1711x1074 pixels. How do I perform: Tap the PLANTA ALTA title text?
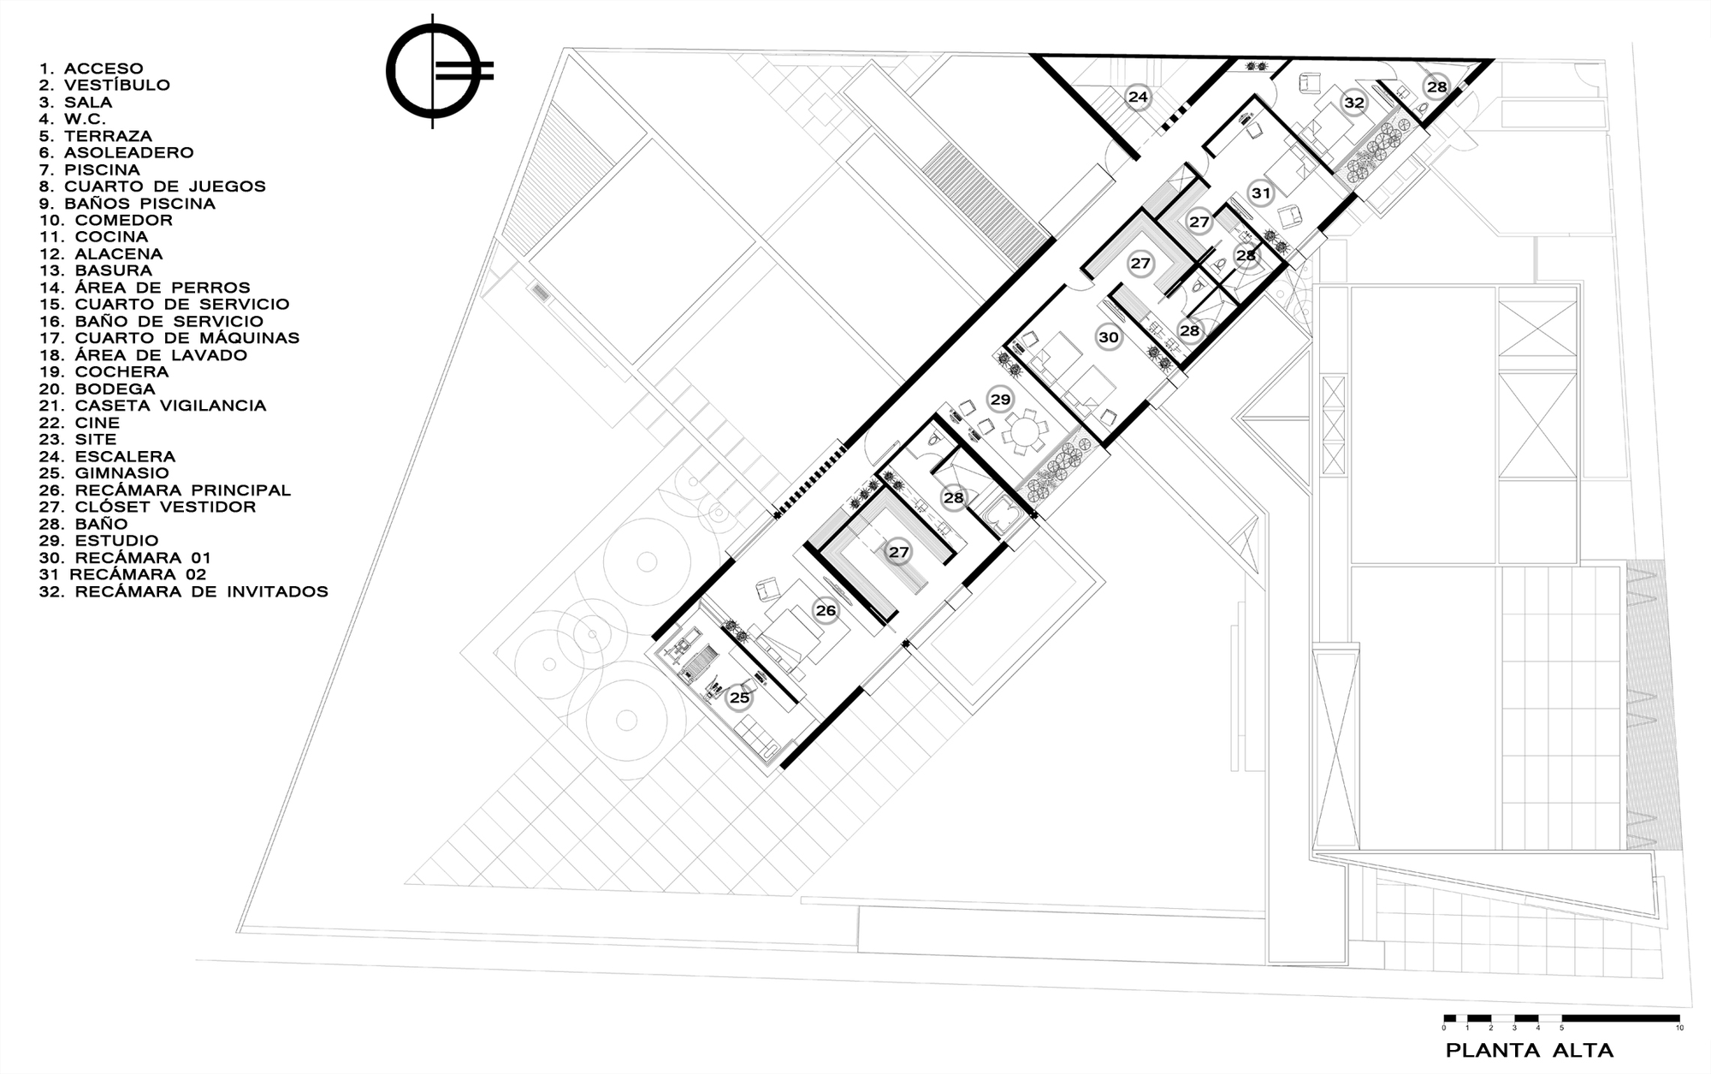pos(1530,1050)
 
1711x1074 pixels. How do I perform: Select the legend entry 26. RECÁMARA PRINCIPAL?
pos(165,490)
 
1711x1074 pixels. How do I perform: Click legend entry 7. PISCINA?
pos(90,169)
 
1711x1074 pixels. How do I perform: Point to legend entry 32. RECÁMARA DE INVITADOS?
pos(184,591)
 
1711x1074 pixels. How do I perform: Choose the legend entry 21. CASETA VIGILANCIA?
pos(153,406)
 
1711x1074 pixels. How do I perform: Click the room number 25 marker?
pos(739,697)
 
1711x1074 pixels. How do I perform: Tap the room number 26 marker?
pos(826,611)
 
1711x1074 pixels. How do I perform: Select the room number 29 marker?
pos(999,399)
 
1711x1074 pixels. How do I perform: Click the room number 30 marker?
pos(1109,337)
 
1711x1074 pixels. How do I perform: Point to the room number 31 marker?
pos(1261,193)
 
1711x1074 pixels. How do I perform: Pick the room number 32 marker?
pos(1353,103)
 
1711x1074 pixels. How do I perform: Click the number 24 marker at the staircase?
pos(1137,97)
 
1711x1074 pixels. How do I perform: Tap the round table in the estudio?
pos(1024,433)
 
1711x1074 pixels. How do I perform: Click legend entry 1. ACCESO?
pos(92,68)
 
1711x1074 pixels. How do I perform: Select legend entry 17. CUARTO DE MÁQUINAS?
pos(169,338)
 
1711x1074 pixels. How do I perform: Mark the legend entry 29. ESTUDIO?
pos(99,541)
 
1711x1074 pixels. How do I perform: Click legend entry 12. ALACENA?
pos(101,254)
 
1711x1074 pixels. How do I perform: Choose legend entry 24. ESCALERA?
pos(107,457)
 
